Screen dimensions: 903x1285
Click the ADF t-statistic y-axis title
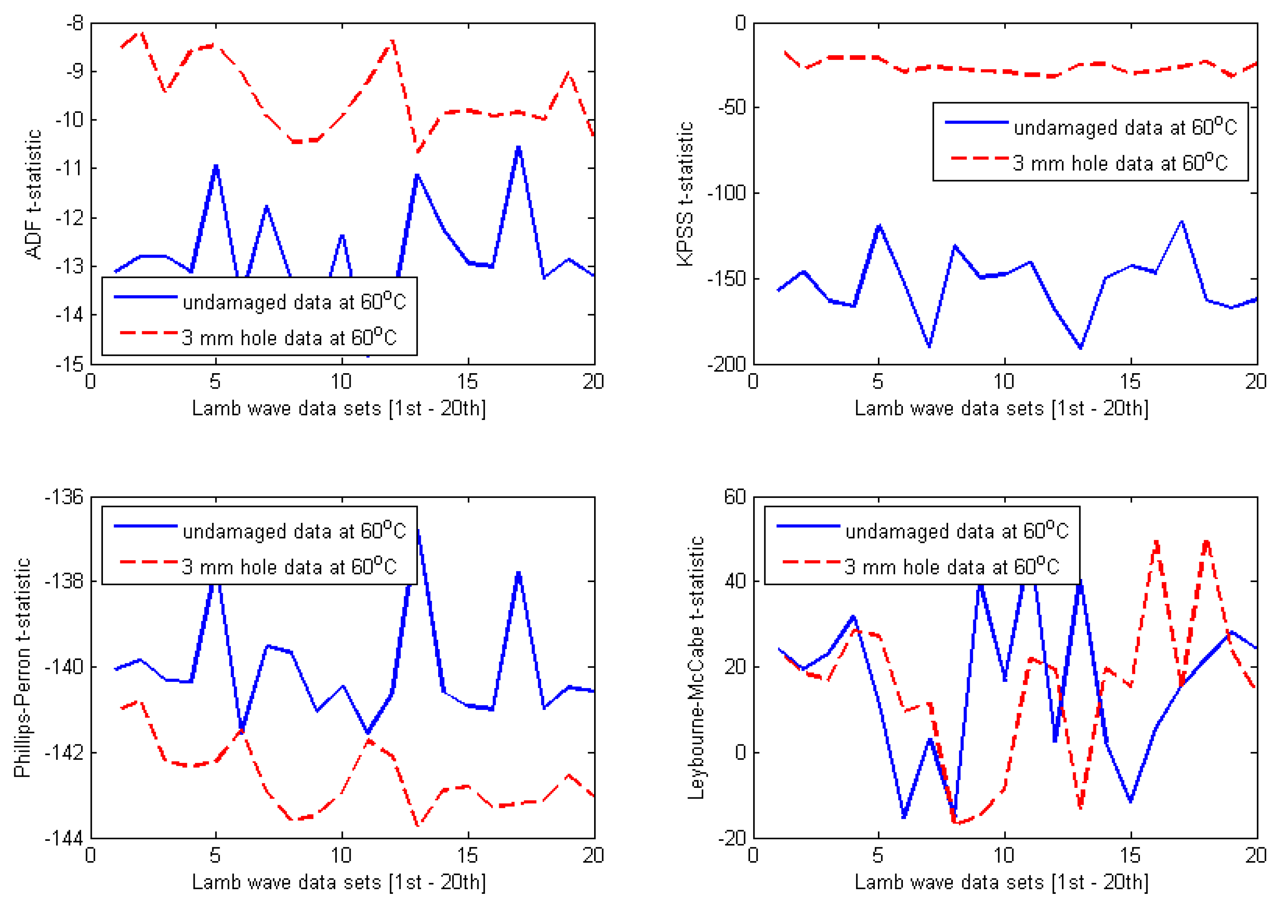click(x=33, y=194)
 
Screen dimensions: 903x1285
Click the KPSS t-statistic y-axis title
click(x=685, y=194)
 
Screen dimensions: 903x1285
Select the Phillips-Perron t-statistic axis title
click(x=22, y=667)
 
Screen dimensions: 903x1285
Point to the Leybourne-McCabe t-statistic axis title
click(x=695, y=667)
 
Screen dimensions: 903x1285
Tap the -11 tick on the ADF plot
click(x=70, y=168)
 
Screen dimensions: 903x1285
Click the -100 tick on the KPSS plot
click(x=727, y=193)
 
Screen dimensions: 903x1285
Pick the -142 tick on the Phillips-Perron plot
click(x=64, y=752)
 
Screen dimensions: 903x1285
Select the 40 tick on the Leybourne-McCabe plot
click(x=735, y=581)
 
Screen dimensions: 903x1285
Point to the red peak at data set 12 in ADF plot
click(x=392, y=41)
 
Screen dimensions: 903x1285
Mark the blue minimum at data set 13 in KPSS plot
click(x=1080, y=347)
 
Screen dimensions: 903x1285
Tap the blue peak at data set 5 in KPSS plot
click(x=879, y=226)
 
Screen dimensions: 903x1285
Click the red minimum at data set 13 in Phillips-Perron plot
click(x=417, y=824)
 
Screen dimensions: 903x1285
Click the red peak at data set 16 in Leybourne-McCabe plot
click(x=1156, y=542)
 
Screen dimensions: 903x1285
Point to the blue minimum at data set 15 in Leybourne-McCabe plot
click(x=1131, y=800)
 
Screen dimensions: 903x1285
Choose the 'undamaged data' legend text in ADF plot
click(x=294, y=302)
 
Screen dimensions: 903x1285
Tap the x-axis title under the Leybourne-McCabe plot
click(x=1001, y=882)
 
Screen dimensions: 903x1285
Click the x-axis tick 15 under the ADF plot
click(x=467, y=382)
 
